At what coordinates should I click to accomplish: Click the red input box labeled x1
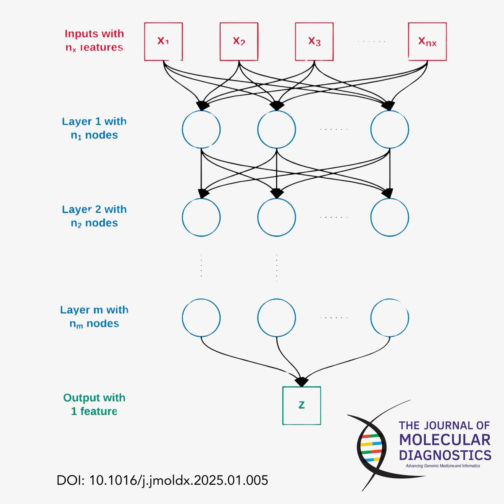[x=163, y=42]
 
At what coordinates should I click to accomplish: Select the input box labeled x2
[x=239, y=42]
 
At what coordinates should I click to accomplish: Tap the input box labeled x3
[x=314, y=42]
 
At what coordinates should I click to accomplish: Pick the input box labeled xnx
[x=427, y=42]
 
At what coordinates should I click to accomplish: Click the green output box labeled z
[x=302, y=405]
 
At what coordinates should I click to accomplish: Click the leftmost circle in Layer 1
[x=201, y=129]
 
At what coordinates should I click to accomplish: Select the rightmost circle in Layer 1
[x=390, y=129]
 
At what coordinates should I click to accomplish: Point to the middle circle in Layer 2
[x=276, y=217]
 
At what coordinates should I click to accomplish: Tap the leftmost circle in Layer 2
[x=201, y=217]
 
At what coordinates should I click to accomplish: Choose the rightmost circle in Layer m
[x=390, y=318]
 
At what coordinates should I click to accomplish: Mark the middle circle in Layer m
[x=276, y=318]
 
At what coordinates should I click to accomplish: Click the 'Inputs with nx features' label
[x=94, y=40]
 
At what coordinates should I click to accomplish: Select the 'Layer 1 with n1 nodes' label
[x=94, y=128]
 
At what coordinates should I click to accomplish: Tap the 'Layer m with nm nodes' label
[x=94, y=317]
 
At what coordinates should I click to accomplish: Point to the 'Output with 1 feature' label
[x=94, y=404]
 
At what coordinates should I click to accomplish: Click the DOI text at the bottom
[x=162, y=480]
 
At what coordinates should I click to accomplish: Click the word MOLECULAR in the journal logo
[x=445, y=440]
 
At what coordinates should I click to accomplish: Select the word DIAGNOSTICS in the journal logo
[x=445, y=455]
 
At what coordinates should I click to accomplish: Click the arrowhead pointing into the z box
[x=302, y=382]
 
